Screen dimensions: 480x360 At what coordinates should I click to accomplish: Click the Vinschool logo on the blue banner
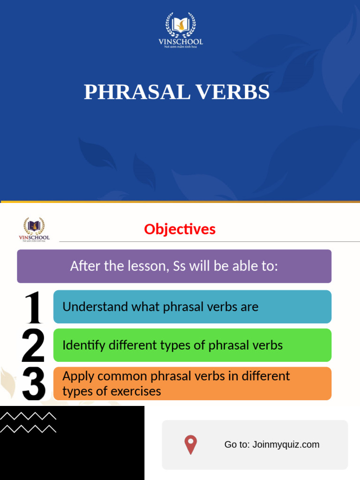pos(180,30)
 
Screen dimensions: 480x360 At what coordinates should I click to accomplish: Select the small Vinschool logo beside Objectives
pos(34,229)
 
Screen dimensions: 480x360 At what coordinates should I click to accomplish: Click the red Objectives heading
pos(180,229)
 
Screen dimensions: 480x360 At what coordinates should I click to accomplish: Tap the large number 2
pos(33,346)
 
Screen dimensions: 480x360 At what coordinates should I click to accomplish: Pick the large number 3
pos(33,384)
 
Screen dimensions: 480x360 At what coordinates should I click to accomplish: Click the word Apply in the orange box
pos(78,376)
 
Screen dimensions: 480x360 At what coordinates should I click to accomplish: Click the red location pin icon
pos(190,445)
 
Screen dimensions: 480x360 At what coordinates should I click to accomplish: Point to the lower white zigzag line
pos(28,428)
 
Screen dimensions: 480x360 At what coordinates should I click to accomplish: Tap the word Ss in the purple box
pos(180,266)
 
